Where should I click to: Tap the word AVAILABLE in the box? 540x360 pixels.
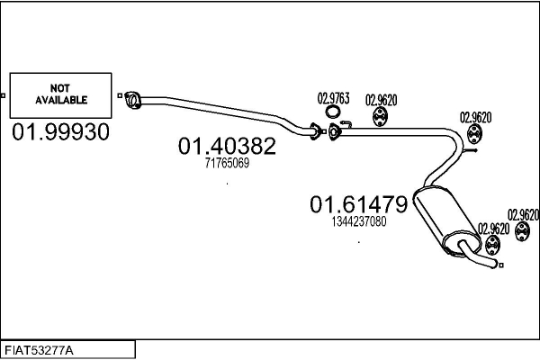click(61, 99)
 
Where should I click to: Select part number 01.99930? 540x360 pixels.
click(60, 132)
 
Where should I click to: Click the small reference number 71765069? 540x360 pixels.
click(227, 163)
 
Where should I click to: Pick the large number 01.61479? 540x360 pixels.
click(359, 204)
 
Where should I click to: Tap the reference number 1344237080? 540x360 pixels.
click(359, 221)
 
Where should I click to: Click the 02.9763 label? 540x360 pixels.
click(333, 99)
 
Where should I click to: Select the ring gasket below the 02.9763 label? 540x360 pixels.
click(333, 113)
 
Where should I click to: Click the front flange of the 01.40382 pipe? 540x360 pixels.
click(132, 97)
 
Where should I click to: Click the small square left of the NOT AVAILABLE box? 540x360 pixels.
click(4, 95)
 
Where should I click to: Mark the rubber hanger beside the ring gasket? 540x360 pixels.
click(381, 118)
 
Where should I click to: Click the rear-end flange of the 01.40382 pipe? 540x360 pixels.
click(314, 130)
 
